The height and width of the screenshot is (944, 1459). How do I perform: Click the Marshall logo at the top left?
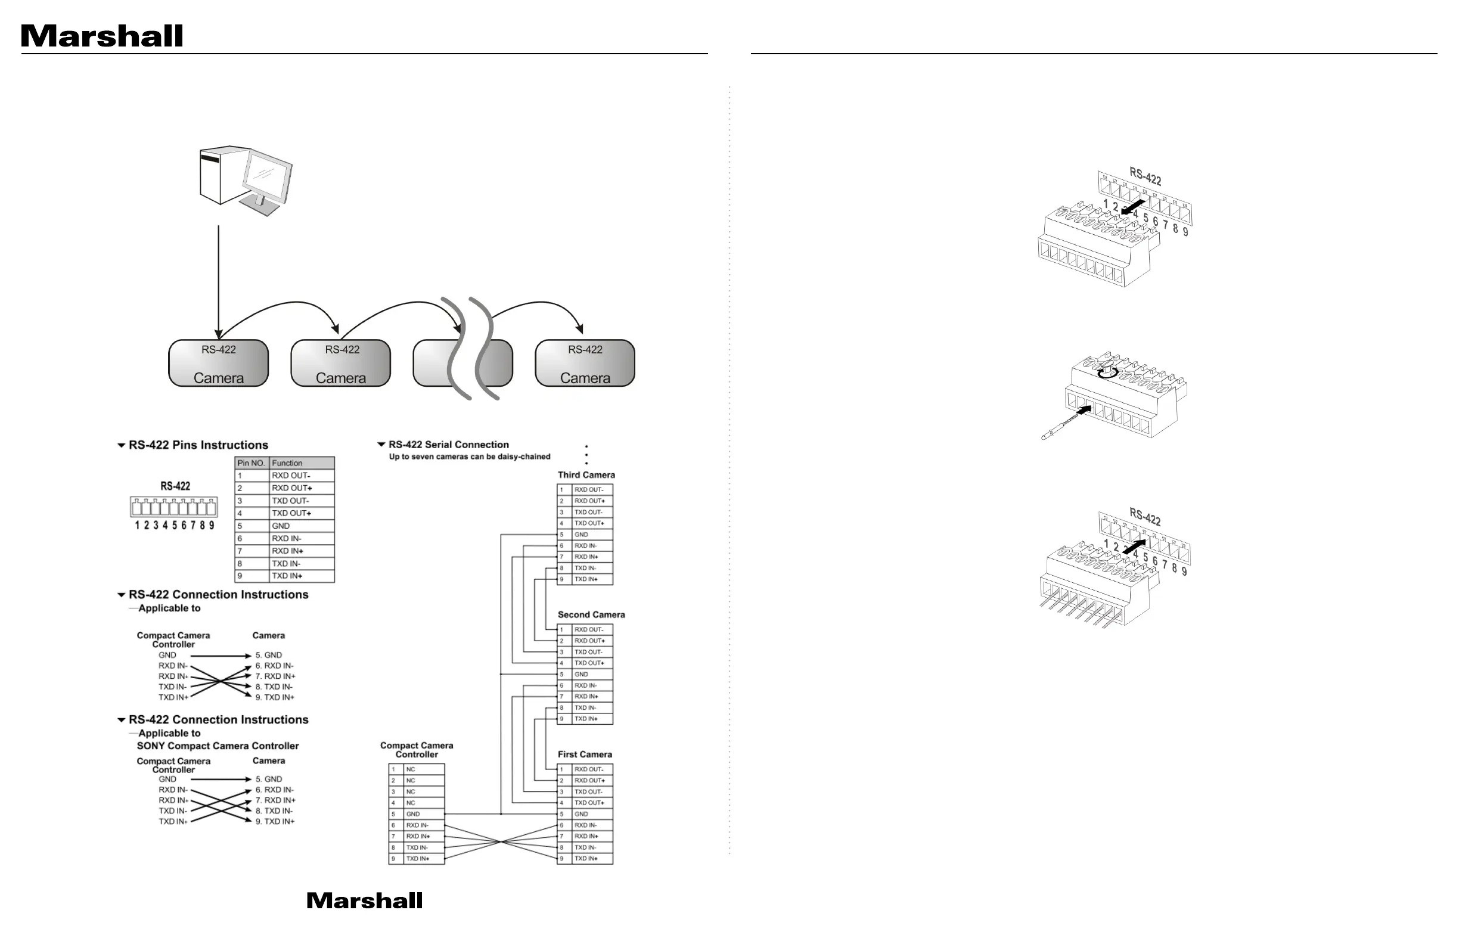102,36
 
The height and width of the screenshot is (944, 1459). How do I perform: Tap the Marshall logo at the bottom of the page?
364,900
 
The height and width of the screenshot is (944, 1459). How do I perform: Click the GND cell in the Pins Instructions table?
302,526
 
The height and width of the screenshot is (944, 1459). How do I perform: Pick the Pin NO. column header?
252,463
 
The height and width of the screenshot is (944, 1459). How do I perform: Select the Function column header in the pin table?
302,463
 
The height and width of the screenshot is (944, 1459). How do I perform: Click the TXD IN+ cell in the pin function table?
302,576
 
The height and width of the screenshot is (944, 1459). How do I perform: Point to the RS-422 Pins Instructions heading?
198,445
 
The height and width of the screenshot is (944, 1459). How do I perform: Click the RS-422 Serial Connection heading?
448,445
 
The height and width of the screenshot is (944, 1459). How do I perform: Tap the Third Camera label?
586,475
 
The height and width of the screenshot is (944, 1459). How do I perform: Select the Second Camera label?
591,615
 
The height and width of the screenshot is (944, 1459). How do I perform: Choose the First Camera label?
585,754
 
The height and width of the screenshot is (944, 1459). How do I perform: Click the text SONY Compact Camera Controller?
218,746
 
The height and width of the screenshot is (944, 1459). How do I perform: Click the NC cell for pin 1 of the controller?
424,769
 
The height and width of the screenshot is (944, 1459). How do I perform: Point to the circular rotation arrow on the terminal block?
1107,372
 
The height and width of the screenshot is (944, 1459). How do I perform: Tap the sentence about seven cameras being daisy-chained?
470,457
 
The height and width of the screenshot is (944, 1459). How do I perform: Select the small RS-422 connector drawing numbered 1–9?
174,508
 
